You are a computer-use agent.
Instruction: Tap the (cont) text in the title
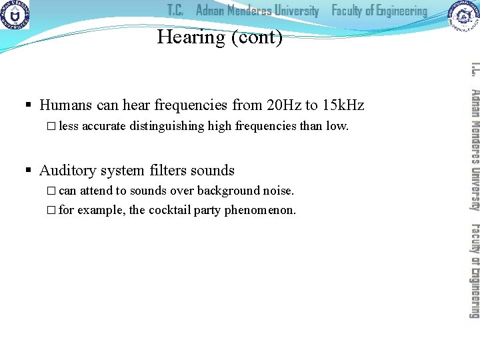[256, 38]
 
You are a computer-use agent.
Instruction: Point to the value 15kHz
[343, 105]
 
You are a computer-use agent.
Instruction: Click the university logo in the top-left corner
[15, 15]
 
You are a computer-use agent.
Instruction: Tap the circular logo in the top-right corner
[463, 16]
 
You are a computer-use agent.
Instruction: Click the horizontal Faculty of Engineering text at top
[379, 11]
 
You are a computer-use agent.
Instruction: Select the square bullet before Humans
[29, 106]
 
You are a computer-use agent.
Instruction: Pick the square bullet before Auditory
[29, 171]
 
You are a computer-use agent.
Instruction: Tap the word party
[207, 210]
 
